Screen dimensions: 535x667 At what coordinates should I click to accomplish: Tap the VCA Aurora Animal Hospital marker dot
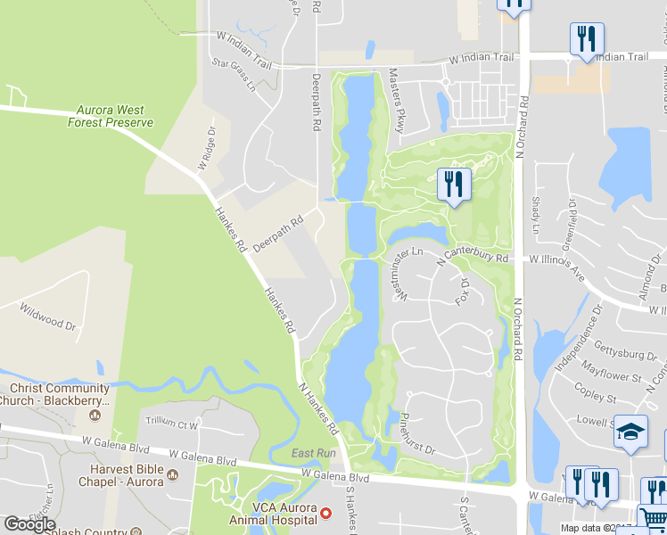(x=326, y=513)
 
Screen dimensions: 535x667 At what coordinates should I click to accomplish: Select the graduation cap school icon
(x=630, y=432)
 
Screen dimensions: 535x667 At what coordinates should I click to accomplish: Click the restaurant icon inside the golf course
(x=454, y=184)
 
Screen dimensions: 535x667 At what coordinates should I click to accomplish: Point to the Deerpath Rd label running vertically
(x=316, y=103)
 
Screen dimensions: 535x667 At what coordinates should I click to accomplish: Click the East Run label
(x=313, y=454)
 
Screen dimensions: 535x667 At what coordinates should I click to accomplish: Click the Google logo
(x=29, y=524)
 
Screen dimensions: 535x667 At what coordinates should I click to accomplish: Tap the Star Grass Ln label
(x=233, y=76)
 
